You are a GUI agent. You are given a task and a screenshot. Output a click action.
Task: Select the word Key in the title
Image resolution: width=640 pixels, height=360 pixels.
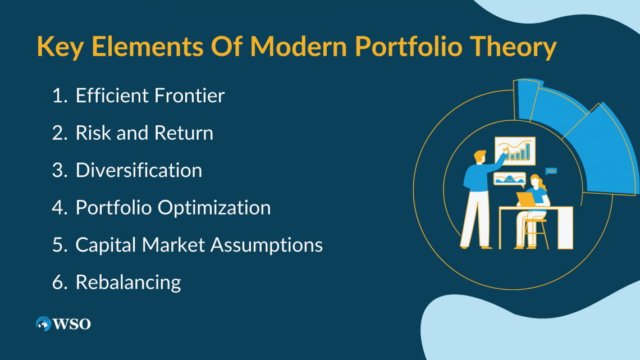tap(60, 46)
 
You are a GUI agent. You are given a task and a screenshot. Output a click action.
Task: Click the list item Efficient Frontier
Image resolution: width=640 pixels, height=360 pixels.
tap(150, 95)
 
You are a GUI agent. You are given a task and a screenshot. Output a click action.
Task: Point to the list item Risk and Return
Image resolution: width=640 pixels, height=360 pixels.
tap(144, 133)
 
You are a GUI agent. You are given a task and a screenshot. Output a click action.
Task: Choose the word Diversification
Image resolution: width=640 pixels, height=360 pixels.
tap(139, 170)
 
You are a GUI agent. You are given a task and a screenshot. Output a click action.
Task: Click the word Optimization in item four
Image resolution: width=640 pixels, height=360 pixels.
tap(214, 208)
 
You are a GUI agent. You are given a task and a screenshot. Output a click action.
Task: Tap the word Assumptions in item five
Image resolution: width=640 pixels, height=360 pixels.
tap(267, 245)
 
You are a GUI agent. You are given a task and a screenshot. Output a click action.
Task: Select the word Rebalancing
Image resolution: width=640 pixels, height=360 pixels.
tap(128, 282)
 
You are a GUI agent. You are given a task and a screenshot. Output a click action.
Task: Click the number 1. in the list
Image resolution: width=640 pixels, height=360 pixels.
tap(60, 96)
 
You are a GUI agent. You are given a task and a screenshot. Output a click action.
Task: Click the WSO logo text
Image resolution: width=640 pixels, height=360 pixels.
tap(72, 324)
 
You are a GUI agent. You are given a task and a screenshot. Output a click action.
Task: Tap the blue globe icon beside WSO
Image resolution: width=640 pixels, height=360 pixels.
tap(43, 323)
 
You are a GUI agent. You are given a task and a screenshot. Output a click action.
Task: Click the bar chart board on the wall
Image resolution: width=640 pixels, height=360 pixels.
tap(515, 151)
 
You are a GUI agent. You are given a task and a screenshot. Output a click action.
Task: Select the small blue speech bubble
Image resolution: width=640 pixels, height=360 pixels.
tap(551, 171)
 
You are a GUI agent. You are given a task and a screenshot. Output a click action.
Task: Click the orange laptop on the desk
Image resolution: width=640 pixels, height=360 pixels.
tap(525, 199)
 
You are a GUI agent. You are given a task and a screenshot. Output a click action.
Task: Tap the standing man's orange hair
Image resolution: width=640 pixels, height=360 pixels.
tap(479, 155)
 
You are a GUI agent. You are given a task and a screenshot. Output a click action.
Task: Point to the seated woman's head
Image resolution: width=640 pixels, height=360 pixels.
tap(535, 181)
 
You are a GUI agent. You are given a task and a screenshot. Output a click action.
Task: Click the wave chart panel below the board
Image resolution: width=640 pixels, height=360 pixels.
tap(509, 179)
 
